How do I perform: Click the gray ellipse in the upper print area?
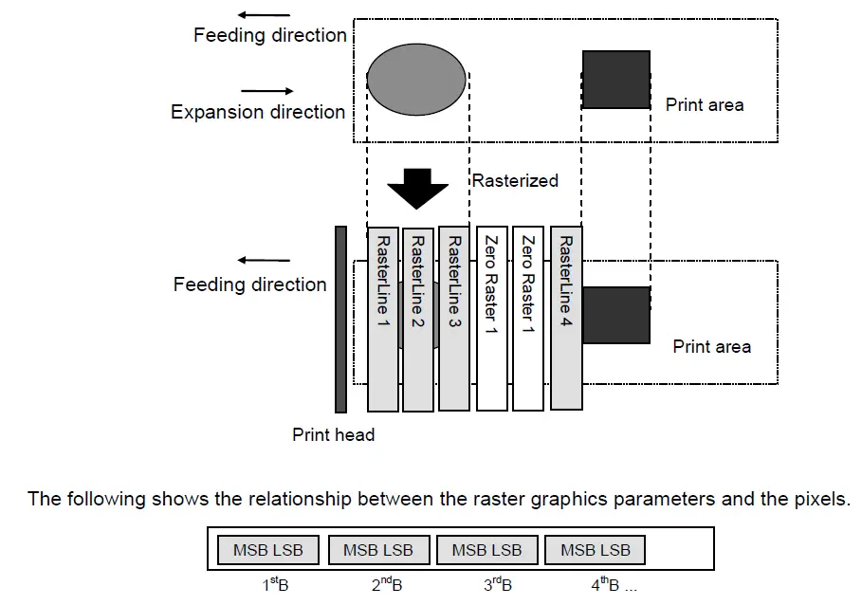pos(416,80)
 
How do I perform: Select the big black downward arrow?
pos(418,189)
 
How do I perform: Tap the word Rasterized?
pos(515,181)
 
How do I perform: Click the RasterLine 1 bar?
pos(382,319)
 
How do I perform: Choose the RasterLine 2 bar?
pos(418,320)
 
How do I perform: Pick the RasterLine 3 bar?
pos(454,319)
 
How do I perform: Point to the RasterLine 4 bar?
pos(566,318)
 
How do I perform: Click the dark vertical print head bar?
pos(340,320)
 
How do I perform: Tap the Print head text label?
pos(333,434)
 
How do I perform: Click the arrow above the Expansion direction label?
pos(267,91)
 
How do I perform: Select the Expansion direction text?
pos(258,112)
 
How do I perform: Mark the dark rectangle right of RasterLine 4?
pos(616,316)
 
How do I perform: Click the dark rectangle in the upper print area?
pos(616,80)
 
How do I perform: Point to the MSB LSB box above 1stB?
pos(268,550)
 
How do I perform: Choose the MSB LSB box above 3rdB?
pos(487,550)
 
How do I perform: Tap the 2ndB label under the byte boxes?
pos(387,585)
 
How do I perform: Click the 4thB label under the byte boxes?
pos(605,585)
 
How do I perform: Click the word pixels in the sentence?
pos(822,499)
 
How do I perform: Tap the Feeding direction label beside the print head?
pos(250,284)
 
